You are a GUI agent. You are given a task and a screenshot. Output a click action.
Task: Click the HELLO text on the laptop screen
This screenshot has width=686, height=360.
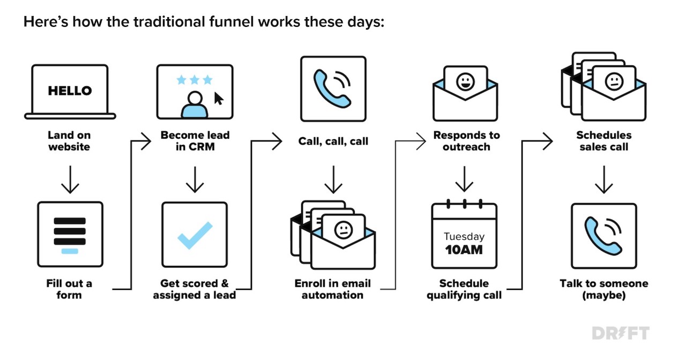tap(70, 91)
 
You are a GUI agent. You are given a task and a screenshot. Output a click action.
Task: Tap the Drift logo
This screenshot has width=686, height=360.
tap(621, 333)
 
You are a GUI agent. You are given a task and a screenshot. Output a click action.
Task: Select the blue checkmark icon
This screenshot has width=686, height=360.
tap(195, 235)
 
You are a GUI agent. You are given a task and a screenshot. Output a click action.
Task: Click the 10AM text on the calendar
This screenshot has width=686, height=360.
tap(464, 250)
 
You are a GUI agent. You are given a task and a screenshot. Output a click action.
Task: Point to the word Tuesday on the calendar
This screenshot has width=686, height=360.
tap(464, 236)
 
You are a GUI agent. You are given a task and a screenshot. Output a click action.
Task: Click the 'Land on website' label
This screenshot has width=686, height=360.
tap(69, 141)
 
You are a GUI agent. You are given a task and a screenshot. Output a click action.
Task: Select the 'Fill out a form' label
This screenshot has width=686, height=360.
tap(69, 289)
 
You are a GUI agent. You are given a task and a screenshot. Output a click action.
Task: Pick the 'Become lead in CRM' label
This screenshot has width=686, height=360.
tap(195, 141)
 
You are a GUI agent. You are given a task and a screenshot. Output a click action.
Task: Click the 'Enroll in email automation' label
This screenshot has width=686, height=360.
tap(333, 289)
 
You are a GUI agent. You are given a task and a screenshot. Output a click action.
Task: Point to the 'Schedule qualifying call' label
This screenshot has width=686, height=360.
tap(464, 289)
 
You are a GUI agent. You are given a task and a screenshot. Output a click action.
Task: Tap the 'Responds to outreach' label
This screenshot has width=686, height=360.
tap(466, 141)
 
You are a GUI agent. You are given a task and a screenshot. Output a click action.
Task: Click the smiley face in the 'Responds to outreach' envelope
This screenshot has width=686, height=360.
tap(466, 82)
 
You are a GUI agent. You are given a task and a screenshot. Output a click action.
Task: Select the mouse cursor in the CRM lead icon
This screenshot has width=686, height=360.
tap(219, 99)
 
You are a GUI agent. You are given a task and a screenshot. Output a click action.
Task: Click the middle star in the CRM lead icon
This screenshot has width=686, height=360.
tap(194, 80)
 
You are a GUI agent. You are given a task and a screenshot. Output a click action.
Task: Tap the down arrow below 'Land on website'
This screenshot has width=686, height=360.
tap(70, 179)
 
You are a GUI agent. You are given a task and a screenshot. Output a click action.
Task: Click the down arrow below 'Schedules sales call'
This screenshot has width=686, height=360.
tap(604, 179)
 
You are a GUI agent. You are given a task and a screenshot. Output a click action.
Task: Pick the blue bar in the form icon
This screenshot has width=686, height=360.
tap(70, 251)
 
